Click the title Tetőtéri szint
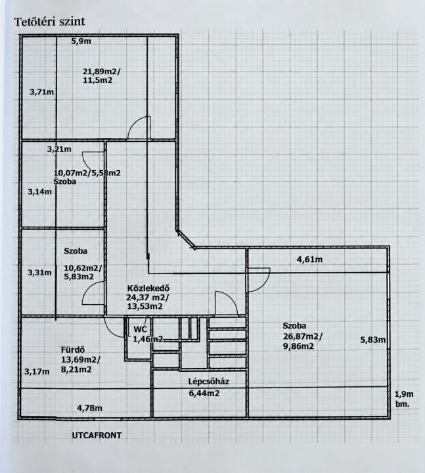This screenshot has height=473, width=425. click(x=49, y=22)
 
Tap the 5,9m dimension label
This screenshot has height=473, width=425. click(x=81, y=41)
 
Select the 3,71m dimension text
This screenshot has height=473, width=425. click(x=41, y=92)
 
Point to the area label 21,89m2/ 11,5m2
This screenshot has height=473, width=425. click(x=102, y=76)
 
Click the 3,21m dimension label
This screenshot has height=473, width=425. click(x=59, y=149)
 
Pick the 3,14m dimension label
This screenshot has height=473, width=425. click(x=40, y=192)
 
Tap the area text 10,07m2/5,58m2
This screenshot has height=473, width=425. click(x=87, y=173)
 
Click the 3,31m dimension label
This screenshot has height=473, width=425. click(x=40, y=273)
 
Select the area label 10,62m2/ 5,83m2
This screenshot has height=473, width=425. click(x=83, y=273)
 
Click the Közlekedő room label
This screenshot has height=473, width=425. click(x=148, y=288)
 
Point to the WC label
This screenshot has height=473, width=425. click(x=141, y=329)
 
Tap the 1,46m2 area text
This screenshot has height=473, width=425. click(x=148, y=339)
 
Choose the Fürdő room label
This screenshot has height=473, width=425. click(x=73, y=350)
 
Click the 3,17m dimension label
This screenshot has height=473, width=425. click(x=37, y=371)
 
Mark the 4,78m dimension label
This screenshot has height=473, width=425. click(x=89, y=408)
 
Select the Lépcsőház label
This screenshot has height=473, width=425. click(x=209, y=382)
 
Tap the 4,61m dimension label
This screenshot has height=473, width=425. click(x=310, y=259)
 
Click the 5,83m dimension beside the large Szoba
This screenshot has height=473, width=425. click(x=373, y=340)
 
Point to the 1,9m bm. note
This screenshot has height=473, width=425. click(x=404, y=399)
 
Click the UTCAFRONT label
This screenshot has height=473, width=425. click(x=97, y=436)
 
